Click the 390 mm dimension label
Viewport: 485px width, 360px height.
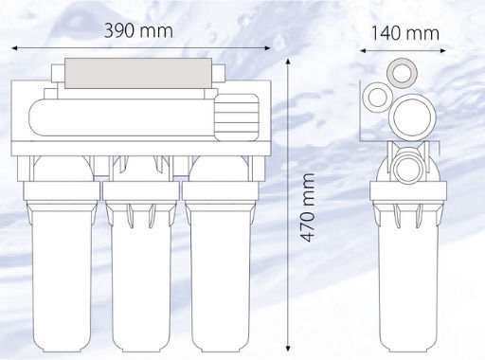pyautogui.click(x=138, y=31)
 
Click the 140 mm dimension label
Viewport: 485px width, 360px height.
pyautogui.click(x=405, y=33)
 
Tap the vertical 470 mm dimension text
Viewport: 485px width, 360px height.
pyautogui.click(x=307, y=207)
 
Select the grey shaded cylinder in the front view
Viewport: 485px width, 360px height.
pyautogui.click(x=138, y=73)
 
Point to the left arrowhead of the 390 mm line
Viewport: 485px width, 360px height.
pyautogui.click(x=14, y=48)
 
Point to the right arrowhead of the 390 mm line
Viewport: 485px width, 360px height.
pyautogui.click(x=267, y=48)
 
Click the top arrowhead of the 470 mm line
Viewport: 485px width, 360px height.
pyautogui.click(x=288, y=62)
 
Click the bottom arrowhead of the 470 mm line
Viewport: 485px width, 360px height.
pyautogui.click(x=288, y=348)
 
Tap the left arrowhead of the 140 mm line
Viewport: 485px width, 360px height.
pyautogui.click(x=363, y=50)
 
